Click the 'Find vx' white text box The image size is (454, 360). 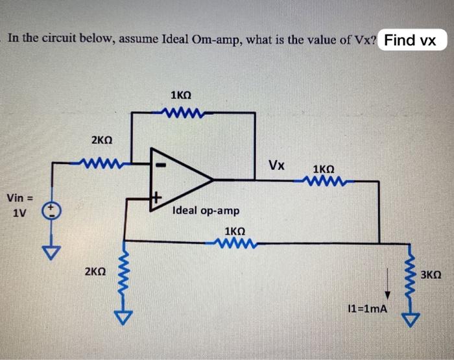tap(410, 40)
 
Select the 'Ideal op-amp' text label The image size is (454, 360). tap(206, 211)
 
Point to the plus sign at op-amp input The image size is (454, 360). tap(156, 195)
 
